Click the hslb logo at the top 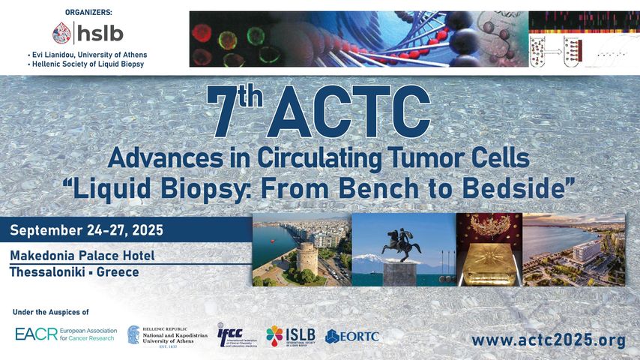[x=88, y=33]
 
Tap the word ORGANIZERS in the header [x=88, y=11]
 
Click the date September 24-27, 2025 [x=86, y=230]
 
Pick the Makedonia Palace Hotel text [x=82, y=256]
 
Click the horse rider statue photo [x=403, y=250]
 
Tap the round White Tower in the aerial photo [x=308, y=259]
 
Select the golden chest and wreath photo [x=489, y=250]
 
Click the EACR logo [x=63, y=334]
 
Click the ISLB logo [x=291, y=334]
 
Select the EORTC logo [x=352, y=335]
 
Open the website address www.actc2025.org [x=548, y=340]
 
